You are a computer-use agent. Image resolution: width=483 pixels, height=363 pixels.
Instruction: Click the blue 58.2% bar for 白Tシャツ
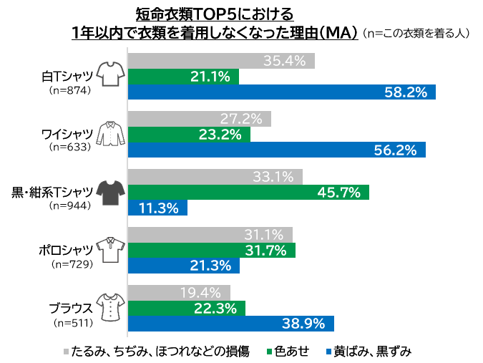(x=281, y=92)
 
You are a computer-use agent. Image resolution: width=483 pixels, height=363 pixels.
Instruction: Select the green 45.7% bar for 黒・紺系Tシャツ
(x=248, y=192)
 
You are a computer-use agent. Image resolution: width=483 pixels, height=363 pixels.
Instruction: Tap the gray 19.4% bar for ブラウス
(x=179, y=292)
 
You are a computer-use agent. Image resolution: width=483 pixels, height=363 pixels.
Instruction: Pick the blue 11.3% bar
(x=157, y=208)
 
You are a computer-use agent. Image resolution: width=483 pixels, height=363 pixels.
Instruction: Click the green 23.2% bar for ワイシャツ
(x=189, y=134)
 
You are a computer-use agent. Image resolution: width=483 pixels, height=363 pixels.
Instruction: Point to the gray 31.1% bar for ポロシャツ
(x=210, y=234)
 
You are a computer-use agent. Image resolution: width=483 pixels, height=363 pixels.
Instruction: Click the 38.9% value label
(x=303, y=324)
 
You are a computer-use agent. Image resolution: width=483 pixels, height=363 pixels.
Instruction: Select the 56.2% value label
(x=395, y=150)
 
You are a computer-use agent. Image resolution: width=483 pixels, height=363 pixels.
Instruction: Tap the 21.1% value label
(x=210, y=76)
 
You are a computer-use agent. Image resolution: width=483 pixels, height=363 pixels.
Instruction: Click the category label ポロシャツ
(x=66, y=249)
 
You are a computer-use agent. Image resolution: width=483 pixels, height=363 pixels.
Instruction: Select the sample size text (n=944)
(x=69, y=206)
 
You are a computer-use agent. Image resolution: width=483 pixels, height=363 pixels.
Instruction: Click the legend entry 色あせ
(x=292, y=351)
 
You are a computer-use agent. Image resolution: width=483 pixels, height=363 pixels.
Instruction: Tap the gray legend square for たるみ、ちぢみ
(x=66, y=352)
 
